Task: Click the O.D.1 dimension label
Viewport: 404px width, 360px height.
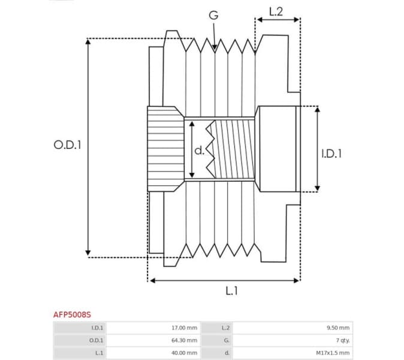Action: pos(67,145)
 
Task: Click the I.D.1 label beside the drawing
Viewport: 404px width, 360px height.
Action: pos(331,154)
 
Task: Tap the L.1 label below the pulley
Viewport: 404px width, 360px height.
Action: pos(231,290)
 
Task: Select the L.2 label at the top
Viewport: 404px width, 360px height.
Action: pos(276,11)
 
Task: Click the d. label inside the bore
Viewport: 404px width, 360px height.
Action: pos(200,150)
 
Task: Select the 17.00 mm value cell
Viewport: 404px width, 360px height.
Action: pos(184,328)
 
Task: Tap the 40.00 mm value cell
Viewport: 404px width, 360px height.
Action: pos(184,353)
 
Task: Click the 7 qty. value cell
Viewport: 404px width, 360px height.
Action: pos(342,340)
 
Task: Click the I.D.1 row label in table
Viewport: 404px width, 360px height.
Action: pos(97,328)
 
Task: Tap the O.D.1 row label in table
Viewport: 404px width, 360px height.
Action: pos(96,340)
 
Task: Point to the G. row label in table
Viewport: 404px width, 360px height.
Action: pos(225,340)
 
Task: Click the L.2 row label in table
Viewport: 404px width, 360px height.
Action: pos(225,328)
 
